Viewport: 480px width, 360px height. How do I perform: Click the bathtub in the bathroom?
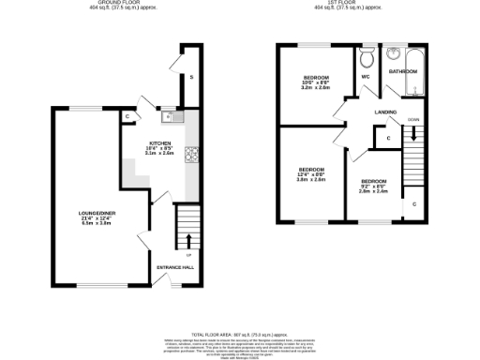tap(414, 84)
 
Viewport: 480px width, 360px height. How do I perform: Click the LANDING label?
tap(384, 112)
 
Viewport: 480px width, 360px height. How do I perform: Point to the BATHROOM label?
tap(403, 71)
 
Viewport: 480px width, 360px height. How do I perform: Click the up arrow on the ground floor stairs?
tap(188, 240)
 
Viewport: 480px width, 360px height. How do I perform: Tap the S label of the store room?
tap(191, 77)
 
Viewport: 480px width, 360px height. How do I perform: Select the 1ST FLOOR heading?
tap(347, 4)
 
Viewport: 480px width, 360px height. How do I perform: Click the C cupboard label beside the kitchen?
tap(127, 116)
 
